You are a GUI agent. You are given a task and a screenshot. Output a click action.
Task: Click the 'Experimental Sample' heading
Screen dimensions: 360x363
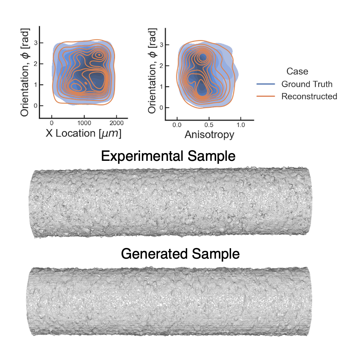pos(168,156)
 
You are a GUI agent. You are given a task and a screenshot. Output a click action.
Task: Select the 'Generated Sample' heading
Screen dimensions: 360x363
pos(180,254)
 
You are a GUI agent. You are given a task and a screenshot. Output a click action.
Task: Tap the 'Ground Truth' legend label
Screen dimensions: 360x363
pos(307,84)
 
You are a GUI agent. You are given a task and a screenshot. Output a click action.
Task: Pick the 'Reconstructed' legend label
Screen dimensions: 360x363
pos(309,96)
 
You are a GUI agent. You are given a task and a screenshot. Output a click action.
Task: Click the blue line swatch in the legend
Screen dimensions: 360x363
pos(266,84)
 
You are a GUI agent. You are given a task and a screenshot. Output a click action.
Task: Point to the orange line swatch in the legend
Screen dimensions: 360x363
pos(266,96)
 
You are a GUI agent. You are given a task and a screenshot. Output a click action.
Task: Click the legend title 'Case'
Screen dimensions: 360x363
pos(297,71)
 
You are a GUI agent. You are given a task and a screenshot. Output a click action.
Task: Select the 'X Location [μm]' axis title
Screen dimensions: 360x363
pos(84,133)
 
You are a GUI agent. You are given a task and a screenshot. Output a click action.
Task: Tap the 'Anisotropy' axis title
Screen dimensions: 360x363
pos(209,135)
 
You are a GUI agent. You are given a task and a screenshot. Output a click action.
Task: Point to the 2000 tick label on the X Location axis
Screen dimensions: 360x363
pos(116,123)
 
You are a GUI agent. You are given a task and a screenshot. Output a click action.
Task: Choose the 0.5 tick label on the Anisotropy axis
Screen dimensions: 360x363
pos(209,125)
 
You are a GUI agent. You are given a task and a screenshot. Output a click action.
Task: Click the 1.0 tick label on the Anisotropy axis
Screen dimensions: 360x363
pos(240,125)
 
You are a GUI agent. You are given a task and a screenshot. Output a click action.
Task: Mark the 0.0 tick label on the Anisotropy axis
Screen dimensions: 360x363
pos(177,125)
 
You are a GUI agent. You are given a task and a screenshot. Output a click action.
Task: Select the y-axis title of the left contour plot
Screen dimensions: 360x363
pos(25,72)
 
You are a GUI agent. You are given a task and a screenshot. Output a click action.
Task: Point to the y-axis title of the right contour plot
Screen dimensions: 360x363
pos(152,71)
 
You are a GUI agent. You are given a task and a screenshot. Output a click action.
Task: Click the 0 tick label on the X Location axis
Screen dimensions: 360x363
pos(52,123)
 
